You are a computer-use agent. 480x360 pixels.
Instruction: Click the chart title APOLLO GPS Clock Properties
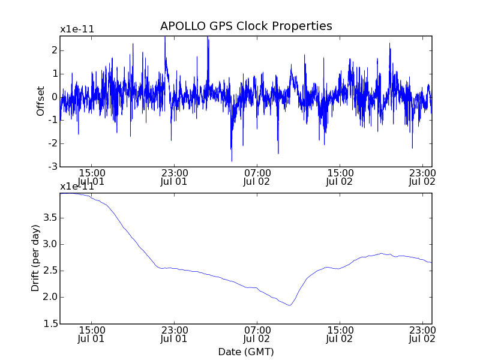[246, 26]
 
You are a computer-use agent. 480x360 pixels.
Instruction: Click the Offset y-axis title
[41, 101]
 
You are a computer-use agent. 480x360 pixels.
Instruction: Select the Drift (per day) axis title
[36, 258]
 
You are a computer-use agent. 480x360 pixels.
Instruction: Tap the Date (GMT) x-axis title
[246, 351]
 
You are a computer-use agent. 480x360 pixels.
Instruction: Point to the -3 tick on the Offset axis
[53, 166]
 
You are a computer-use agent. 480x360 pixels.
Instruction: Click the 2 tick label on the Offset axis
[54, 50]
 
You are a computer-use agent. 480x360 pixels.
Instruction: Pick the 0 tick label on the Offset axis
[54, 97]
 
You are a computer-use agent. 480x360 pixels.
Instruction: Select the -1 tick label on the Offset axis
[53, 120]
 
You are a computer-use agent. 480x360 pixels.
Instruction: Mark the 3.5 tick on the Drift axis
[48, 217]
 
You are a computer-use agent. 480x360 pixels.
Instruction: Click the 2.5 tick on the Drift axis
[48, 270]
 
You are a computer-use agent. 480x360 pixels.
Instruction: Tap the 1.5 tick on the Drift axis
[48, 323]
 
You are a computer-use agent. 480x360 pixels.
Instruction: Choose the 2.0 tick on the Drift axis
[48, 297]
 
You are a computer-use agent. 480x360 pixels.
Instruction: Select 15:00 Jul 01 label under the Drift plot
[91, 334]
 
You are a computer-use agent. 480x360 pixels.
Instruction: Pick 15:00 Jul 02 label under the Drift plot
[340, 334]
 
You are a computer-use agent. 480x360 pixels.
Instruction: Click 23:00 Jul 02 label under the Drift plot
[422, 334]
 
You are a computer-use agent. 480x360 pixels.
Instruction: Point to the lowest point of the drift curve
[290, 305]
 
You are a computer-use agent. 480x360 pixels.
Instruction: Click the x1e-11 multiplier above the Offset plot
[77, 29]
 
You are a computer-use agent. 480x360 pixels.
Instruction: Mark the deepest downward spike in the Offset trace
[232, 161]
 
